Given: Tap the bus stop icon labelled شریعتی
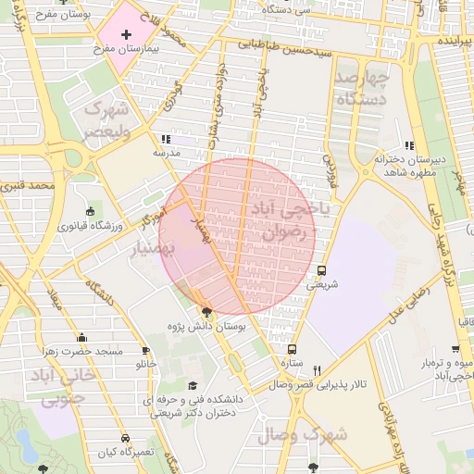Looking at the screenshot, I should coord(321,270).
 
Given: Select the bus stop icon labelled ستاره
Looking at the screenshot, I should coord(293,350).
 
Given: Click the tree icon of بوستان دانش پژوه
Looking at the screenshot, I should coord(206,312).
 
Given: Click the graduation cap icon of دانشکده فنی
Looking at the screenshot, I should coord(193,386).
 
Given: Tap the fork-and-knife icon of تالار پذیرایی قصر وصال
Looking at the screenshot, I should coord(318,369).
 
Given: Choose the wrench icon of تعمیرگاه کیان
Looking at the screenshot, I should coord(124,438).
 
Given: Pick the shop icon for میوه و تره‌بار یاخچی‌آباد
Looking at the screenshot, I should coord(455,350).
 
